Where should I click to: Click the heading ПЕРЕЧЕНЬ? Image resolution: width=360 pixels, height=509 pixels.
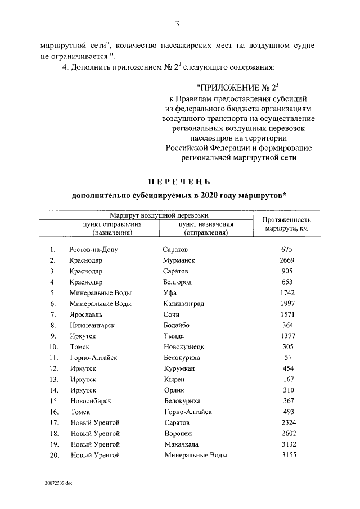179,182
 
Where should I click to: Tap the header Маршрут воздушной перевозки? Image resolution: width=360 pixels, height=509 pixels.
159,215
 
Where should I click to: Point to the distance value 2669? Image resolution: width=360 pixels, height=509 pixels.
287,260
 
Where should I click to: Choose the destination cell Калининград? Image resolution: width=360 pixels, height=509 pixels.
184,304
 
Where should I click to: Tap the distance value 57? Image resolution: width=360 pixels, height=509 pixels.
287,358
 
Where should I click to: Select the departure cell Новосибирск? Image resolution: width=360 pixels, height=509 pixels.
91,401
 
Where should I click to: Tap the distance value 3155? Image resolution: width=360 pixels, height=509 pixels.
287,455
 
